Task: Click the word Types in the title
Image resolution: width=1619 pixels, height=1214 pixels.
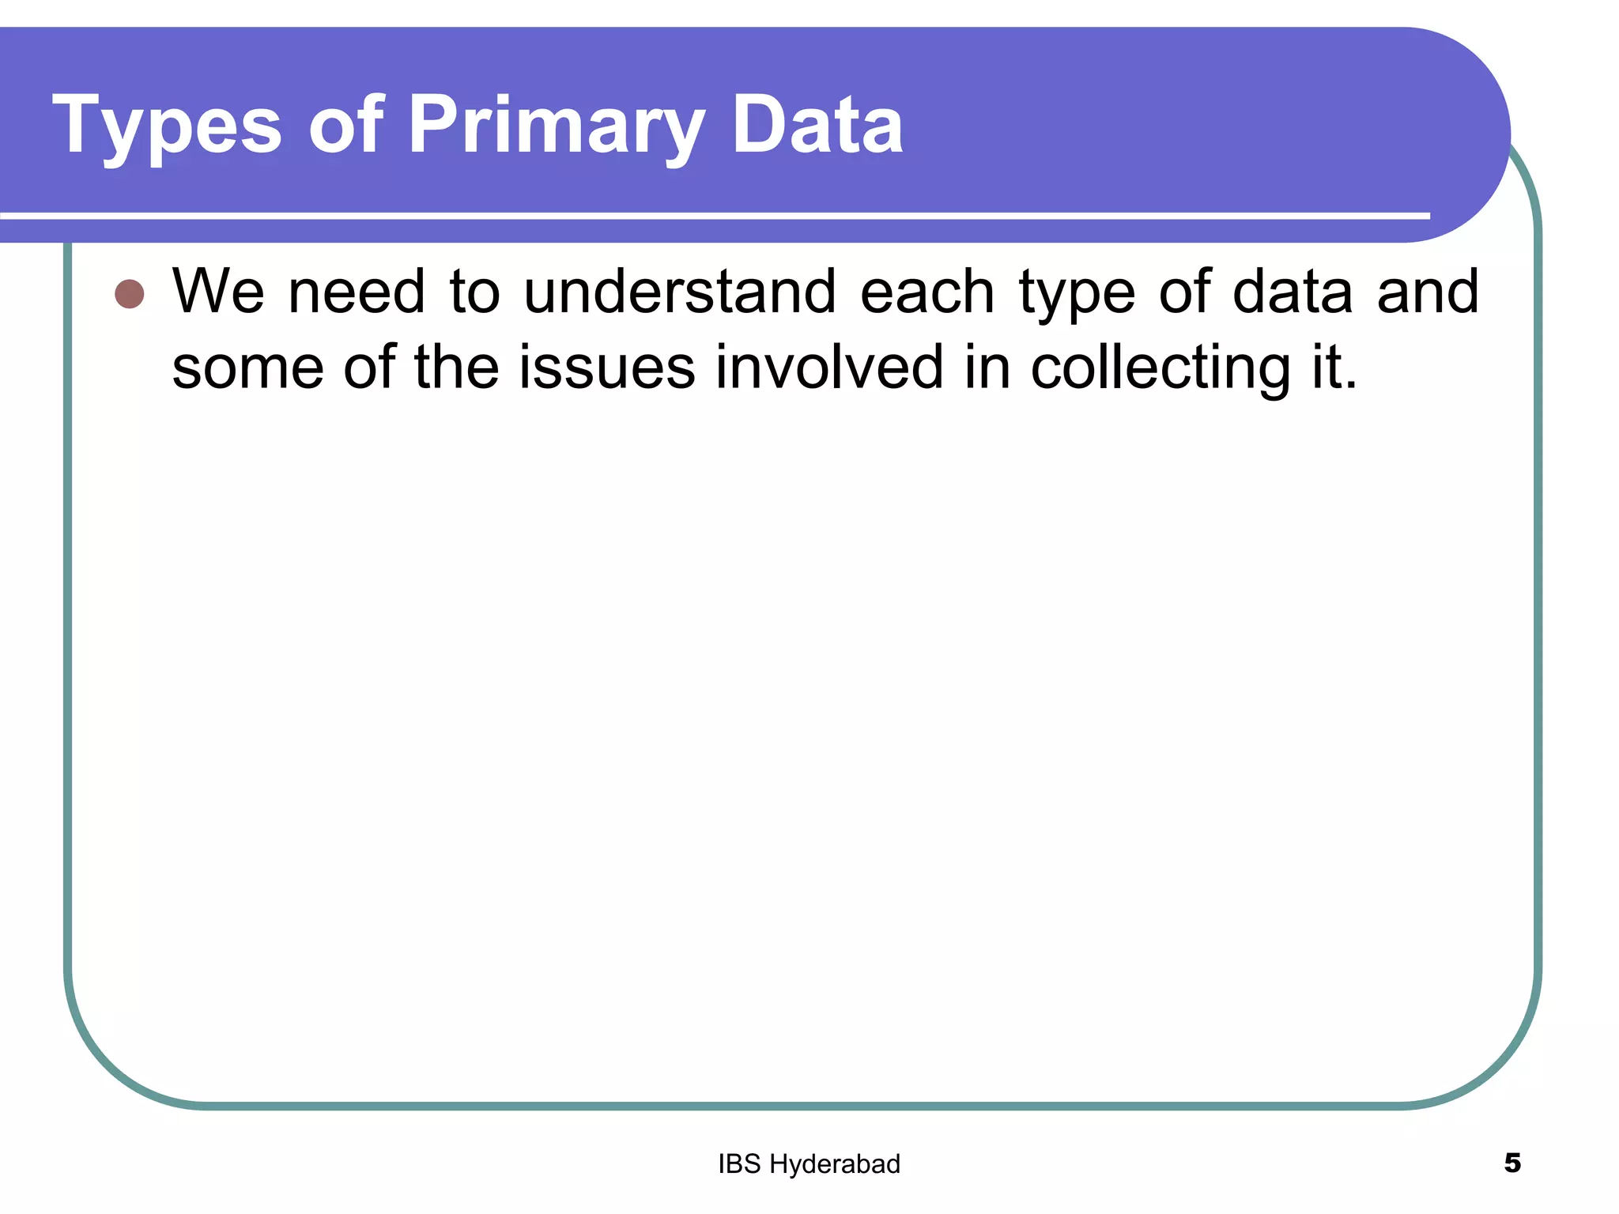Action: tap(167, 125)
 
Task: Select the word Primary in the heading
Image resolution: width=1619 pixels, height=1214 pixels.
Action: tap(556, 125)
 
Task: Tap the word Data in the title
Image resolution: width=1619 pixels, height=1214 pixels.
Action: tap(817, 125)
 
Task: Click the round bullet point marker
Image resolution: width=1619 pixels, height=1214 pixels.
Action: tap(130, 294)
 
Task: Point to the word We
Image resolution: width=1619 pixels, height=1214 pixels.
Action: tap(218, 292)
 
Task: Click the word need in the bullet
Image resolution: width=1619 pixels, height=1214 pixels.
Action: tap(357, 292)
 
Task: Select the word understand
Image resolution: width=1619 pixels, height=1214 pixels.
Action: tap(680, 292)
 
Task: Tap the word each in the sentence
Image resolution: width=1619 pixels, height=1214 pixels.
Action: tap(926, 292)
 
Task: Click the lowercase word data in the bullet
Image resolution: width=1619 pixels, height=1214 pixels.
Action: tap(1293, 292)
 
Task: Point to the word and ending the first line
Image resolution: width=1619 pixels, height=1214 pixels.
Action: tap(1428, 292)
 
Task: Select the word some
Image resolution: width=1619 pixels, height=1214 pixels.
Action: tap(247, 368)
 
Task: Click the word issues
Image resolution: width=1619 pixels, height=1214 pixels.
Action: tap(606, 368)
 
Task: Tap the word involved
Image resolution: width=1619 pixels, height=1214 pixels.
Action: tap(829, 367)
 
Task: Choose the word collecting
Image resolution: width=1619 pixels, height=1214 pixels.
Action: tap(1160, 368)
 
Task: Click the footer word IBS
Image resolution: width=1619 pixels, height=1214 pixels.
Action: tap(739, 1164)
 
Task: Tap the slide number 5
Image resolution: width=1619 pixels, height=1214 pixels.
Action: tap(1512, 1163)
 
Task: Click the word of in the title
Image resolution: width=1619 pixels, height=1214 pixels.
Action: tap(346, 125)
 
